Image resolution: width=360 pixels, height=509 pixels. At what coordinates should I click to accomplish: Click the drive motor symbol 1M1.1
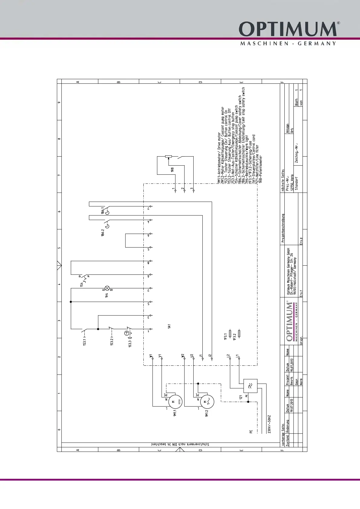(175, 402)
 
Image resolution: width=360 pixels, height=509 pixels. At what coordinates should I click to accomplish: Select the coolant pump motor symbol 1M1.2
(207, 402)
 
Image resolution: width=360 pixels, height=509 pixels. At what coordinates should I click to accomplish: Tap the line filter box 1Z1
(250, 386)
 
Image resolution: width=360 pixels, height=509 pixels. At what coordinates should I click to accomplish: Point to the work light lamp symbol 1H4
(107, 288)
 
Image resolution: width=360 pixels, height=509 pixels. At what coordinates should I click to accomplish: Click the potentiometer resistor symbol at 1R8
(168, 156)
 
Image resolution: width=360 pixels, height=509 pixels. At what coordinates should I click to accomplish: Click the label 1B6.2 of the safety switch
(103, 233)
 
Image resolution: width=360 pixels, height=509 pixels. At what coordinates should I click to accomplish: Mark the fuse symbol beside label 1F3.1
(231, 333)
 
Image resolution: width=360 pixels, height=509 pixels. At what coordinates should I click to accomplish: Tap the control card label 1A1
(169, 326)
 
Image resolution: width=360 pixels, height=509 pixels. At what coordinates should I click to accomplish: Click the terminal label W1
(151, 356)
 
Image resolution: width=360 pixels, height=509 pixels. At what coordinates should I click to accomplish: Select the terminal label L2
(228, 356)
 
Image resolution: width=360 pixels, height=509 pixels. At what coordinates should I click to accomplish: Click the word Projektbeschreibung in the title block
(283, 228)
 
